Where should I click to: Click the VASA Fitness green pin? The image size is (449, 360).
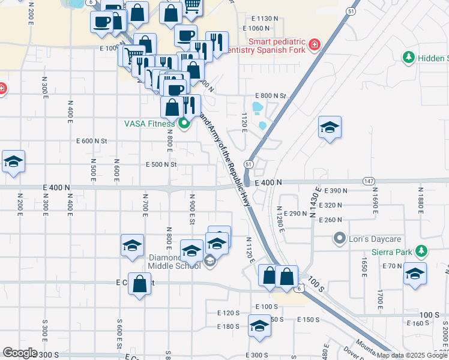[184, 124]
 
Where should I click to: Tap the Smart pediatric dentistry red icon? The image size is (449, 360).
[313, 46]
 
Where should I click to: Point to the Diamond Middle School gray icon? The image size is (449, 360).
[209, 260]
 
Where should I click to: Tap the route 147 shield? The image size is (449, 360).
[369, 181]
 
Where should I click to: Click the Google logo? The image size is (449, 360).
[20, 352]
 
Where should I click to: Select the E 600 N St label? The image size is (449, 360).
[92, 141]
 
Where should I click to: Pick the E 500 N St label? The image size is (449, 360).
[162, 164]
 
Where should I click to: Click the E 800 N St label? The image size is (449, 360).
[271, 96]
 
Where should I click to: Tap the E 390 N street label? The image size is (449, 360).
[336, 191]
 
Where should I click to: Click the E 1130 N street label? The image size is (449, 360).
[261, 18]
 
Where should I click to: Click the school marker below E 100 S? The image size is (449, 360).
[259, 327]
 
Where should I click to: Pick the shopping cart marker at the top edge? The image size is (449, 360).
[192, 6]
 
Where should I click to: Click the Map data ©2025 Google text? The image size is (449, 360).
[411, 355]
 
